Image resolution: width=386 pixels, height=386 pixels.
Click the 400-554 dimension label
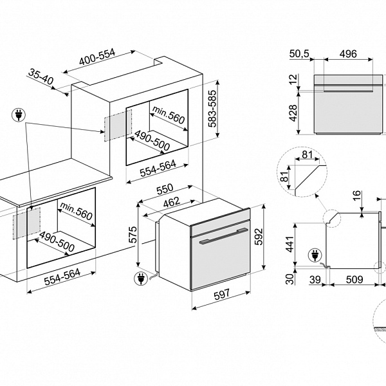97,58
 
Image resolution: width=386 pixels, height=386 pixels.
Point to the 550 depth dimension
167,191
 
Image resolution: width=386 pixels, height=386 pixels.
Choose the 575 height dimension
132,235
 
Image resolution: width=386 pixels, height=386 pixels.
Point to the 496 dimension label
347,55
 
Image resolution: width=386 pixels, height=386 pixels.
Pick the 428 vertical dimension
293,113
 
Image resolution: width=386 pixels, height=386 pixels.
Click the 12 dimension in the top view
293,80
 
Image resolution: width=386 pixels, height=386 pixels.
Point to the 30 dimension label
290,279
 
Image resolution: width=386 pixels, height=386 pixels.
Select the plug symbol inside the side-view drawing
316,255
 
